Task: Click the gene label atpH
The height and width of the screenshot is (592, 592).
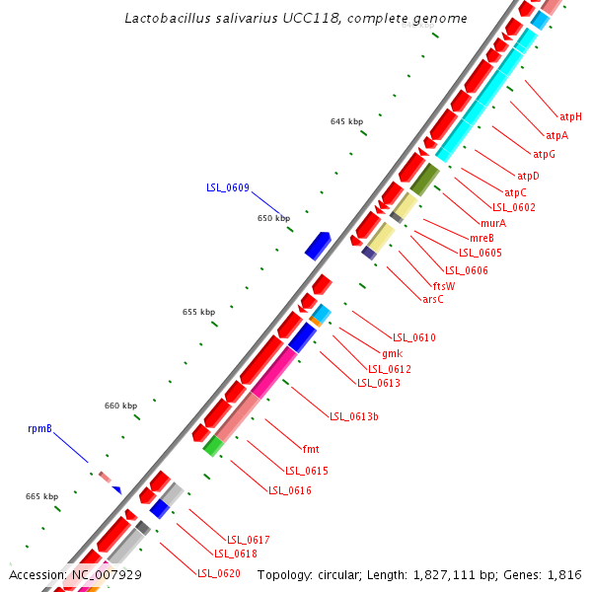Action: tap(570, 116)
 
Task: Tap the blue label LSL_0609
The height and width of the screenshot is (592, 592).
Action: tap(227, 187)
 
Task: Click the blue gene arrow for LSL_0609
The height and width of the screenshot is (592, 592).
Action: tap(318, 245)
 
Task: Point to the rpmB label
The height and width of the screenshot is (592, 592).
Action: tap(39, 429)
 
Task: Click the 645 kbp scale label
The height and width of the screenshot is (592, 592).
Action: tap(347, 121)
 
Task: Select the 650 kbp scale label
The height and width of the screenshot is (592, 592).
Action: tap(273, 218)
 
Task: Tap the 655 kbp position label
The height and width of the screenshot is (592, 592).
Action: tap(198, 312)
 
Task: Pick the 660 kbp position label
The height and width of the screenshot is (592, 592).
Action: tap(121, 406)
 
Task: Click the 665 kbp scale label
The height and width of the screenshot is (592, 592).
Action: tap(41, 496)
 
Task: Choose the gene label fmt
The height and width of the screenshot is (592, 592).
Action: tap(310, 449)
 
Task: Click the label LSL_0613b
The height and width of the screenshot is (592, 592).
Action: tap(354, 416)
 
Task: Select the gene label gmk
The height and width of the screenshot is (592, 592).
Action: tap(392, 353)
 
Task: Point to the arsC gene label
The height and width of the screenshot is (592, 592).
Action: tap(433, 299)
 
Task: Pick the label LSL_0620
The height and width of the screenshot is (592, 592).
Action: tap(218, 573)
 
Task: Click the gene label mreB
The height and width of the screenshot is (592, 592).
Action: tap(481, 238)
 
